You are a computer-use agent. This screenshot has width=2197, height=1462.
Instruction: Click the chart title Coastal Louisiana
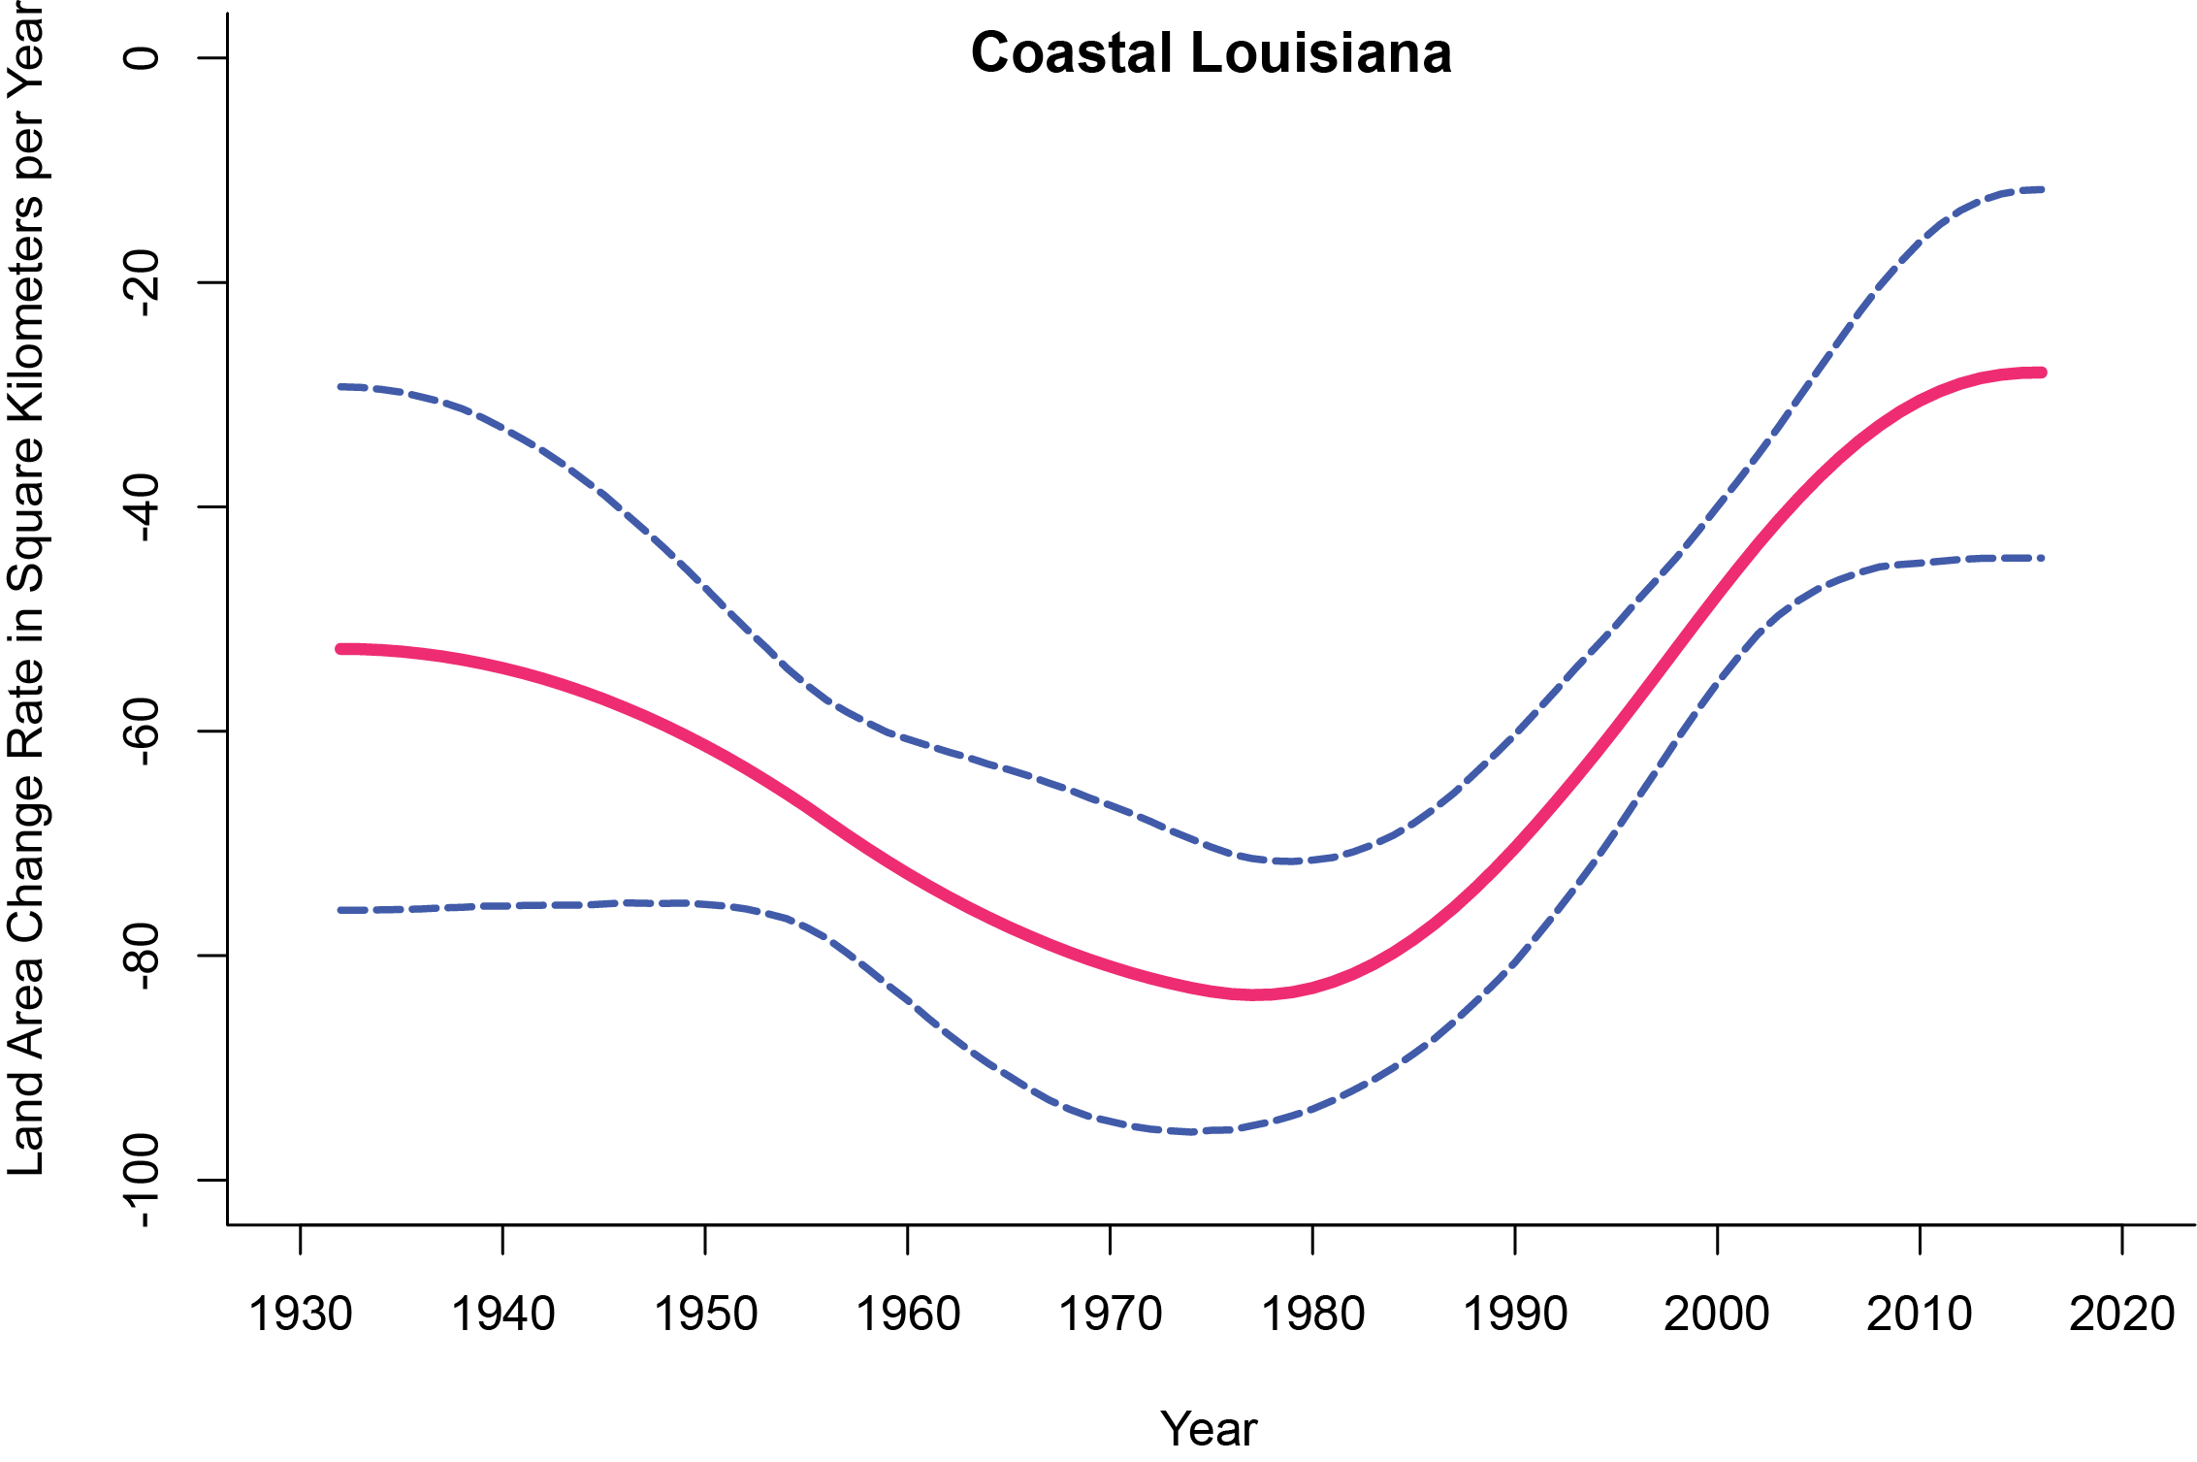[1211, 52]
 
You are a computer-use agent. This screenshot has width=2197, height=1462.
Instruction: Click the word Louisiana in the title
[1321, 52]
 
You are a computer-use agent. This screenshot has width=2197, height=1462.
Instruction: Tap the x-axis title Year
[1209, 1429]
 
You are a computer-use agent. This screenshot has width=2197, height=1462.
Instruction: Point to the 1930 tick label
[301, 1315]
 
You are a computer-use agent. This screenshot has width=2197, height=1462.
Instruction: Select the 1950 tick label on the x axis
[705, 1315]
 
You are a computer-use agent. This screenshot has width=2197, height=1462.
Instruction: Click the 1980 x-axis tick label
[1312, 1315]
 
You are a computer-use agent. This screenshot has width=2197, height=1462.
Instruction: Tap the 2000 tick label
[1717, 1315]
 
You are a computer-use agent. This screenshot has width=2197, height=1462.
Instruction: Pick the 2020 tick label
[2121, 1315]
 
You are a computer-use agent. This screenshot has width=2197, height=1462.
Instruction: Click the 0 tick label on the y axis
[143, 57]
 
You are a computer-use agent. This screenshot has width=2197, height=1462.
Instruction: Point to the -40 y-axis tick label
[143, 506]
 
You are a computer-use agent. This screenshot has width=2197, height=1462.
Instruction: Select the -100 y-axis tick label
[143, 1180]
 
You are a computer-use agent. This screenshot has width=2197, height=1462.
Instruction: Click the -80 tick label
[143, 956]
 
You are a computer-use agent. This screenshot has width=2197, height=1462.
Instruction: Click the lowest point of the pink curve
[1254, 994]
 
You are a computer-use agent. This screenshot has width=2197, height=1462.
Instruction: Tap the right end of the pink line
[2042, 373]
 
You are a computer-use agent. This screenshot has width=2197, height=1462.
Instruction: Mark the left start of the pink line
[340, 648]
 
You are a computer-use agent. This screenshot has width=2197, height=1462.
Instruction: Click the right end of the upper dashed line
[2042, 189]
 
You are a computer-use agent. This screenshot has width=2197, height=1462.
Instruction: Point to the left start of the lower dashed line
[340, 910]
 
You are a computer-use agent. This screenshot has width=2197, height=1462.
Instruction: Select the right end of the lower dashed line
[2042, 558]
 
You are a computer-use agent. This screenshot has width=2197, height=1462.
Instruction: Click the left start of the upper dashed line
[340, 386]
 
